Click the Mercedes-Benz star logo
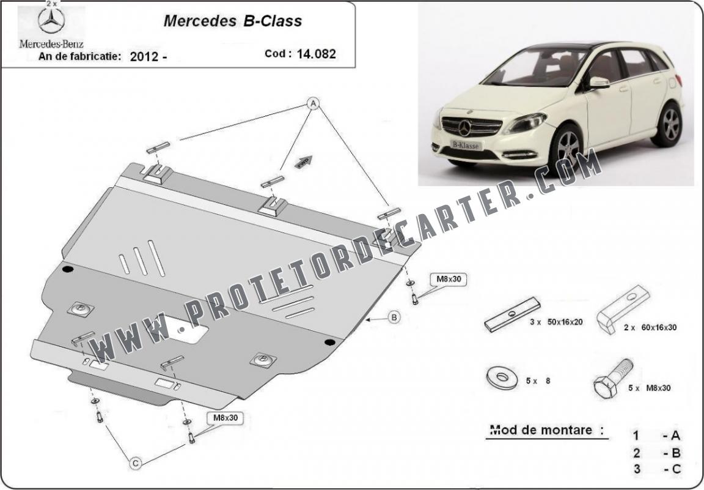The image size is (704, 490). pos(51,21)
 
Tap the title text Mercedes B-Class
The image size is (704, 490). pos(233,21)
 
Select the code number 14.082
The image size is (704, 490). pos(316,54)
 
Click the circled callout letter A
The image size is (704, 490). pos(313,104)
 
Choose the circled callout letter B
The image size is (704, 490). pos(394,317)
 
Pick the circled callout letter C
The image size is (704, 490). pos(136,463)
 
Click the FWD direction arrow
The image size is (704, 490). pos(304,162)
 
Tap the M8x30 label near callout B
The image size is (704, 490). pos(449,279)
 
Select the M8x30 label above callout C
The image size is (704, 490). pos(225,418)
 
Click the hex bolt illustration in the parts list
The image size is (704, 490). pos(613,379)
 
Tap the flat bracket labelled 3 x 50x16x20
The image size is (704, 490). pos(512,314)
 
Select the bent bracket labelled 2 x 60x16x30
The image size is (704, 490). pos(622,308)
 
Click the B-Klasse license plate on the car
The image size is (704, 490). pos(466,145)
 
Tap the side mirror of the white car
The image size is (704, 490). pos(599,82)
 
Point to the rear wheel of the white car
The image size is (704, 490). pos(667,124)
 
